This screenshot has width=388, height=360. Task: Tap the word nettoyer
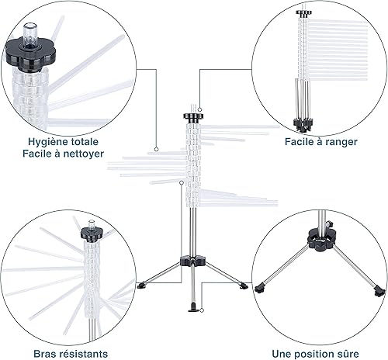pyautogui.click(x=84, y=154)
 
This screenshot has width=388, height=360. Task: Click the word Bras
pyautogui.click(x=45, y=354)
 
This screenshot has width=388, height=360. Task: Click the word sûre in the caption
pyautogui.click(x=348, y=354)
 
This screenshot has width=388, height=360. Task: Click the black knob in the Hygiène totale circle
pyautogui.click(x=30, y=55)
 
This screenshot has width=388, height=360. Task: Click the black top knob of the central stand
pyautogui.click(x=193, y=116)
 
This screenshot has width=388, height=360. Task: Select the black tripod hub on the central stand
pyautogui.click(x=193, y=261)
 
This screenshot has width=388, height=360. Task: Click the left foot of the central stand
pyautogui.click(x=141, y=286)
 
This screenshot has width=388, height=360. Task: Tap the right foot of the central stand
pyautogui.click(x=244, y=286)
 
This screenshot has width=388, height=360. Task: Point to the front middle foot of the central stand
pyautogui.click(x=192, y=308)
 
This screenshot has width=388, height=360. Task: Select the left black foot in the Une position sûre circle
pyautogui.click(x=260, y=288)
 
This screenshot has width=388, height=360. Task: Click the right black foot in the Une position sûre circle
pyautogui.click(x=379, y=291)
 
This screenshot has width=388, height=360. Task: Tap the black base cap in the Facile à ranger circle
pyautogui.click(x=303, y=125)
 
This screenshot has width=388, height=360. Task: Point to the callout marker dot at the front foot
pyautogui.click(x=202, y=310)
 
